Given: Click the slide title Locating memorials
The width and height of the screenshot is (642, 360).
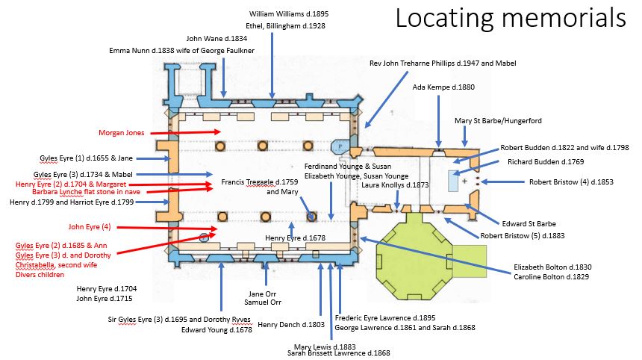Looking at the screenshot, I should pos(510,18).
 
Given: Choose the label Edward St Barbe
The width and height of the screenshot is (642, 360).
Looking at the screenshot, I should pos(529,223).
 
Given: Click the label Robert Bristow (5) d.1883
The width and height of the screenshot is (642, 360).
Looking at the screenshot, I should pos(523,236).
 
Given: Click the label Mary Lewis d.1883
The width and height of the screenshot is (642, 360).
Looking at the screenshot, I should pos(325,346).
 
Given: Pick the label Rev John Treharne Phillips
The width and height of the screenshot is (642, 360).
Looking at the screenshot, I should pos(443,63).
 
